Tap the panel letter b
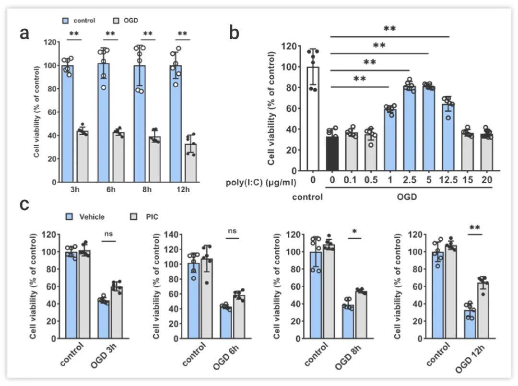click(234, 33)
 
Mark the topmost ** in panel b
click(390, 29)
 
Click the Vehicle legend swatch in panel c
click(70, 217)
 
